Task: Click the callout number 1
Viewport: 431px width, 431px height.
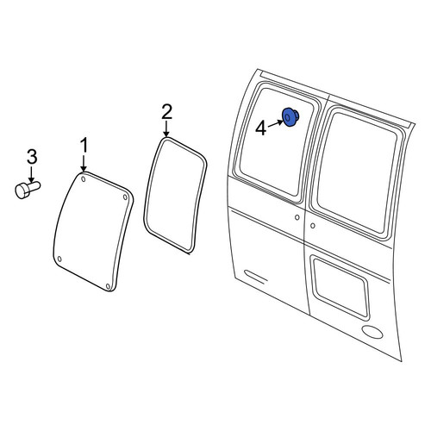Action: (x=84, y=146)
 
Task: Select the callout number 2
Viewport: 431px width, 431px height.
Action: (x=166, y=112)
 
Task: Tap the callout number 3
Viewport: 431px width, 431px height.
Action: (x=32, y=157)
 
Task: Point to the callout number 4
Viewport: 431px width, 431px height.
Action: (x=261, y=128)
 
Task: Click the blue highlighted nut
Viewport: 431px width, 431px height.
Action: (x=290, y=117)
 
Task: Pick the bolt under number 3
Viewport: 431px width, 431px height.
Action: (x=28, y=190)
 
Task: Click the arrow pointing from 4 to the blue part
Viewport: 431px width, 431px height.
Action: (x=275, y=123)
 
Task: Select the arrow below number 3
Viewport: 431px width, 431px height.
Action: (x=32, y=174)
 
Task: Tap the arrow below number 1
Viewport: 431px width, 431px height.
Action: (x=84, y=164)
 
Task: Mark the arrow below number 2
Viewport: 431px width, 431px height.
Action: (x=166, y=129)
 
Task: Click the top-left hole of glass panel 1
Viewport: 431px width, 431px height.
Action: (x=83, y=179)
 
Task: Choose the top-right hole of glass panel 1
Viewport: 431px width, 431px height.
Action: (x=125, y=197)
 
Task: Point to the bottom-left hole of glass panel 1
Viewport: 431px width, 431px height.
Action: (x=59, y=259)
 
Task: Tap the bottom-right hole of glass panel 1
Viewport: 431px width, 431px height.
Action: (x=108, y=286)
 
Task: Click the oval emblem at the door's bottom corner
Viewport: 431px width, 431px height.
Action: (x=372, y=332)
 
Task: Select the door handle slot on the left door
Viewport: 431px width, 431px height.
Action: (x=255, y=276)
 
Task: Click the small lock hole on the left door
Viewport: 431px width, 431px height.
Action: (x=297, y=217)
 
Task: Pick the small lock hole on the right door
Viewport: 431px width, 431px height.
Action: (x=313, y=226)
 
